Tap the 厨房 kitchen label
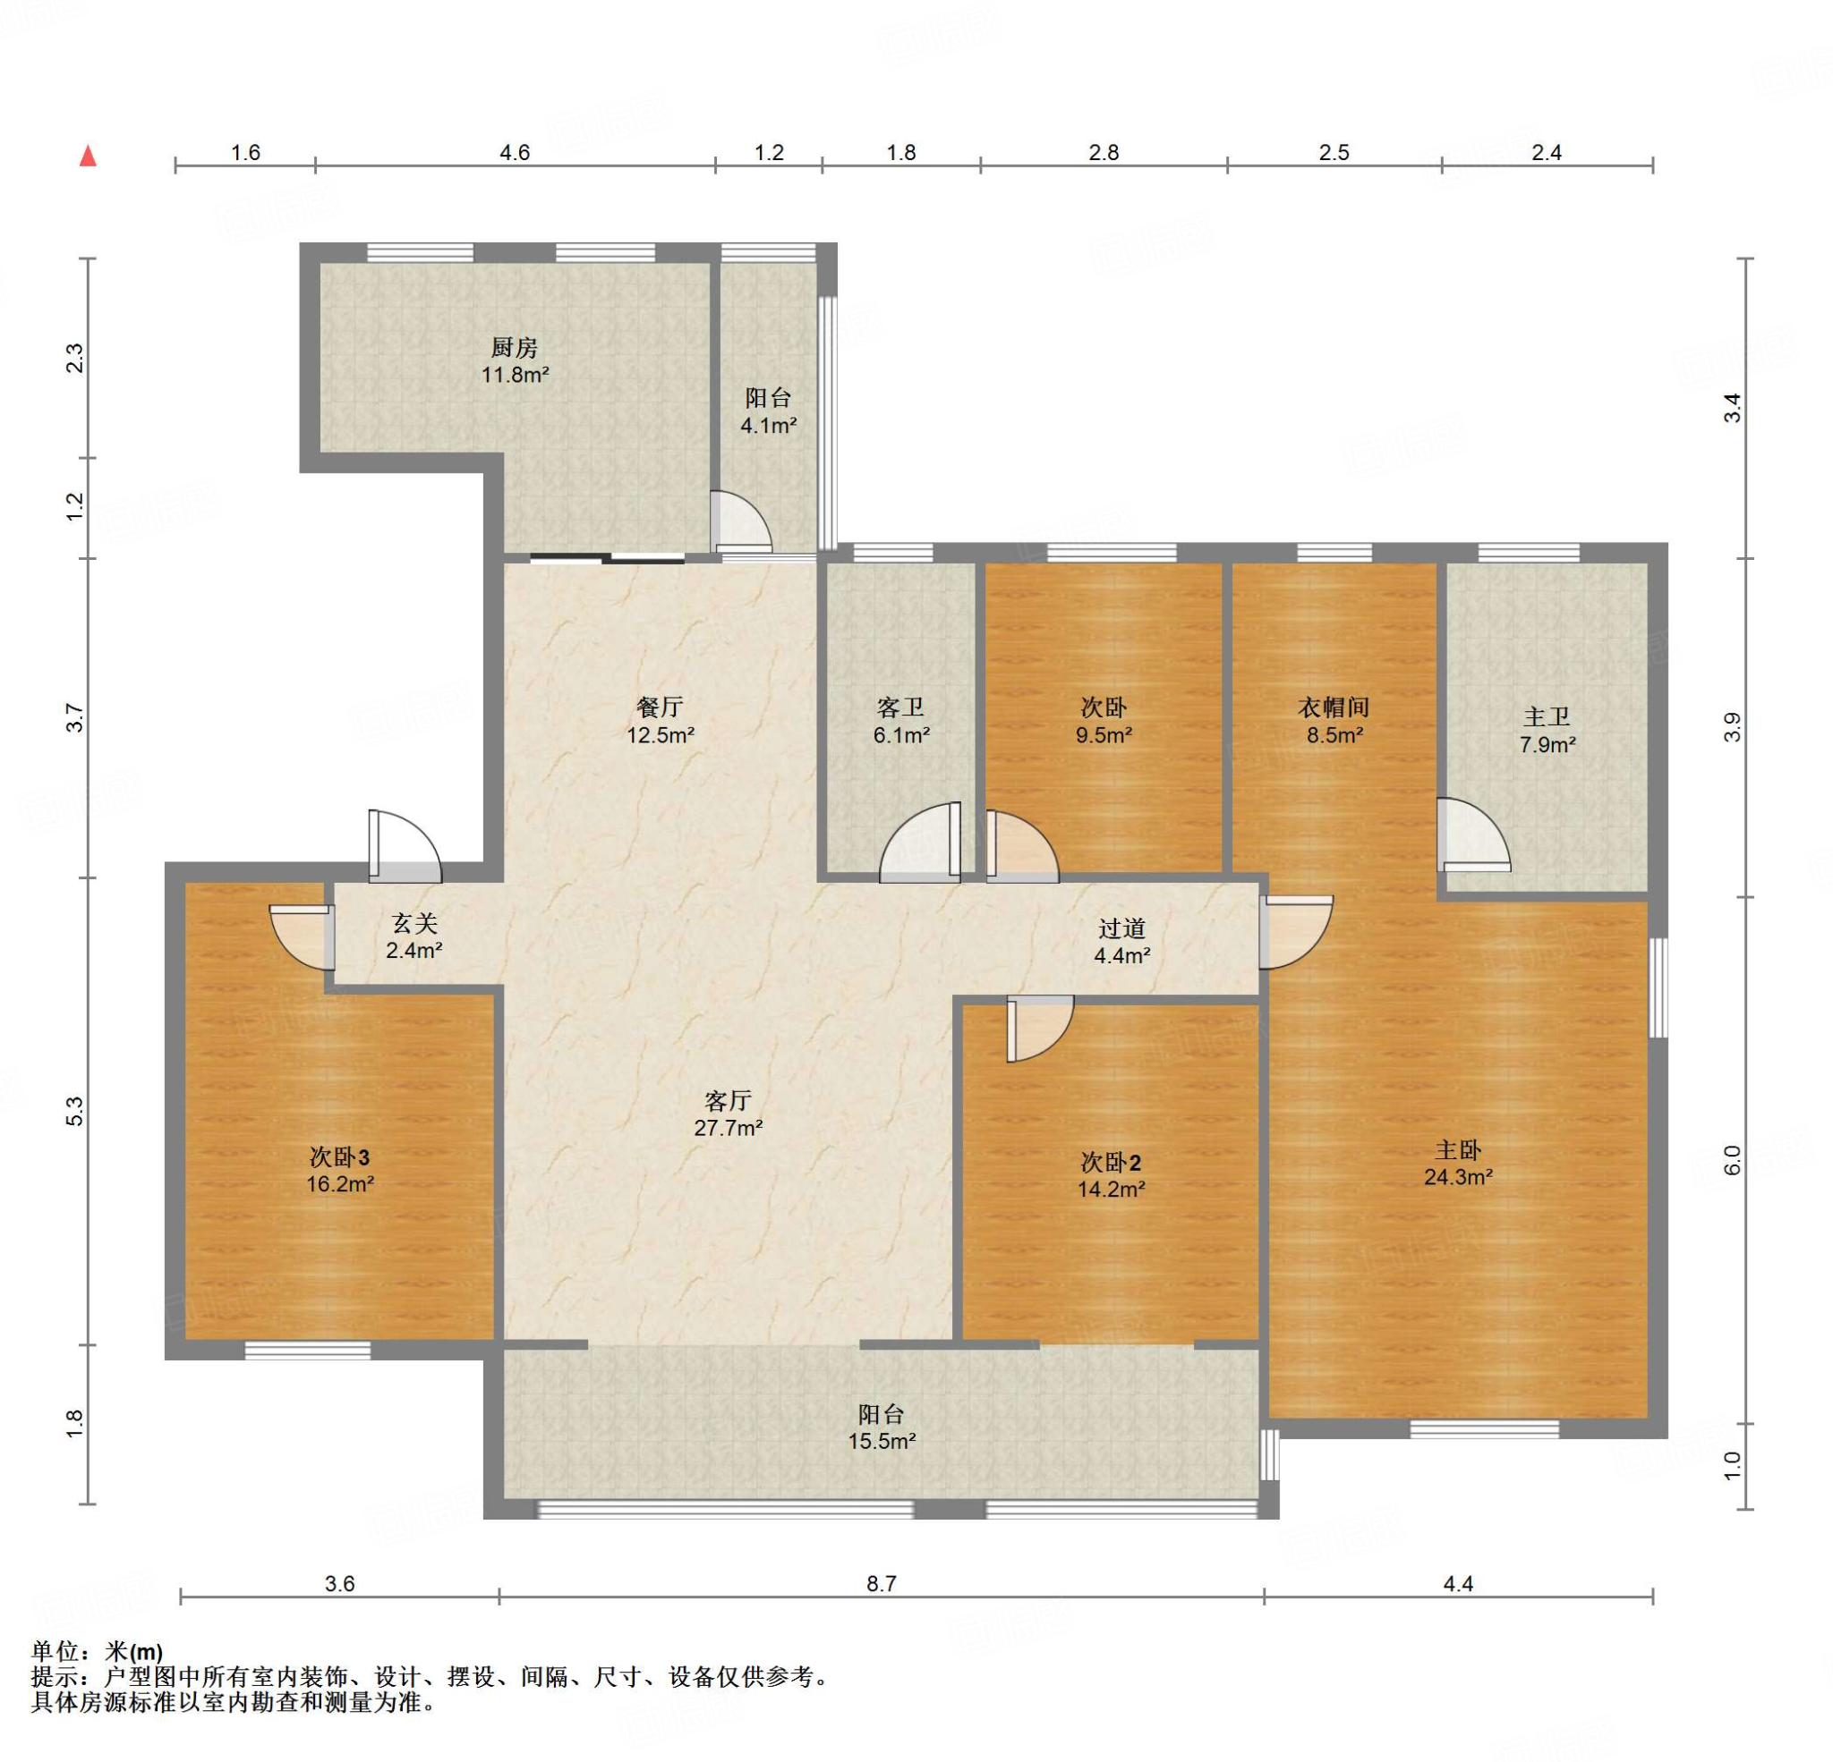click(515, 348)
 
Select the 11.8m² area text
click(515, 376)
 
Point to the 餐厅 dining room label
click(661, 707)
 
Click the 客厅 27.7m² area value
click(728, 1128)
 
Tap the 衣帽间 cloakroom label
click(1334, 707)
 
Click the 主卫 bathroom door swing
click(1474, 833)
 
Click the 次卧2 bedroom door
click(1040, 1029)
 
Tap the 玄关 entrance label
click(414, 924)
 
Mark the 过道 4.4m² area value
click(1122, 956)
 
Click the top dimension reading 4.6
click(515, 152)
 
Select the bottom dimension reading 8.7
click(881, 1583)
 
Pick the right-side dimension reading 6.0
click(1732, 1159)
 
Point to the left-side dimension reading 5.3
click(75, 1112)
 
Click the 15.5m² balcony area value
click(881, 1442)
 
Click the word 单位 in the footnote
click(55, 1653)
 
